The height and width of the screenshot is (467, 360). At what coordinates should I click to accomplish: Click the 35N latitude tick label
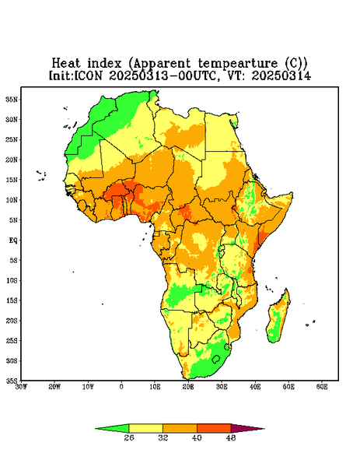(12, 99)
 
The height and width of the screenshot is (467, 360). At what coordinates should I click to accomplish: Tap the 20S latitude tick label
(12, 321)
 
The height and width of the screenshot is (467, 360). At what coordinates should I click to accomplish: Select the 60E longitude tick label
(322, 387)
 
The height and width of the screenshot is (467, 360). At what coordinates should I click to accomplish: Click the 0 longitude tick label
(121, 387)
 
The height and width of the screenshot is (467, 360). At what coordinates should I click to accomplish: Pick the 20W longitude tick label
(54, 387)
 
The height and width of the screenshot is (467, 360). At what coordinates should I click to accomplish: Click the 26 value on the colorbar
(129, 437)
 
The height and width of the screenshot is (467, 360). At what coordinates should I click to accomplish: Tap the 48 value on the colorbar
(231, 437)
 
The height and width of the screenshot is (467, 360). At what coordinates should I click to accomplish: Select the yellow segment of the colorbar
(145, 428)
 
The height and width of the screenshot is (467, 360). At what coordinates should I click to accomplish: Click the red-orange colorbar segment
(214, 428)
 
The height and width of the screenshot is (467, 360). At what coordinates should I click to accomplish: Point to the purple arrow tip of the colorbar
(264, 429)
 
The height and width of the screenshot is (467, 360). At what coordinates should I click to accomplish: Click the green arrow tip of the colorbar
(96, 429)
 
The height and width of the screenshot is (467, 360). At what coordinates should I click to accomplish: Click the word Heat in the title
(66, 63)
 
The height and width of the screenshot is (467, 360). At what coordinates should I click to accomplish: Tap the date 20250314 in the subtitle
(281, 75)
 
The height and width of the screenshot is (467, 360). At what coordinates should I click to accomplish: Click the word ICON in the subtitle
(88, 75)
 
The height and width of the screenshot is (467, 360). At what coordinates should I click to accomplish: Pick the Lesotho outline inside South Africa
(216, 359)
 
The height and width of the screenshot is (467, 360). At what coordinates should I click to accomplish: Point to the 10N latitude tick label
(12, 200)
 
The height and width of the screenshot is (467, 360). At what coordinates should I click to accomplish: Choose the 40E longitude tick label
(255, 387)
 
